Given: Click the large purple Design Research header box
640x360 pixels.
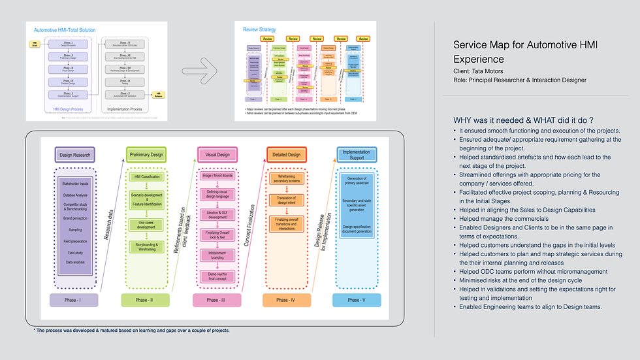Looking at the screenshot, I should tap(74, 155).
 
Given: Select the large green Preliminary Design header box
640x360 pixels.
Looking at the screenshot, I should tap(145, 155).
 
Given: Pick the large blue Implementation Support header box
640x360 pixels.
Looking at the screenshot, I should tap(357, 155).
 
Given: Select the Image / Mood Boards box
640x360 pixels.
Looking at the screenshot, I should tap(217, 175).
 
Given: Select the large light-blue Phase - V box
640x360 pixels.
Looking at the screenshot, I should tap(357, 300).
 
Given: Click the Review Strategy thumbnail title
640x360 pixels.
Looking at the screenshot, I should tap(259, 29).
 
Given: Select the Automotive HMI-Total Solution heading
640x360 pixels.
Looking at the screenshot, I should tap(74, 29).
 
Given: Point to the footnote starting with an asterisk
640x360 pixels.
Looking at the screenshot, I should tap(131, 331).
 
